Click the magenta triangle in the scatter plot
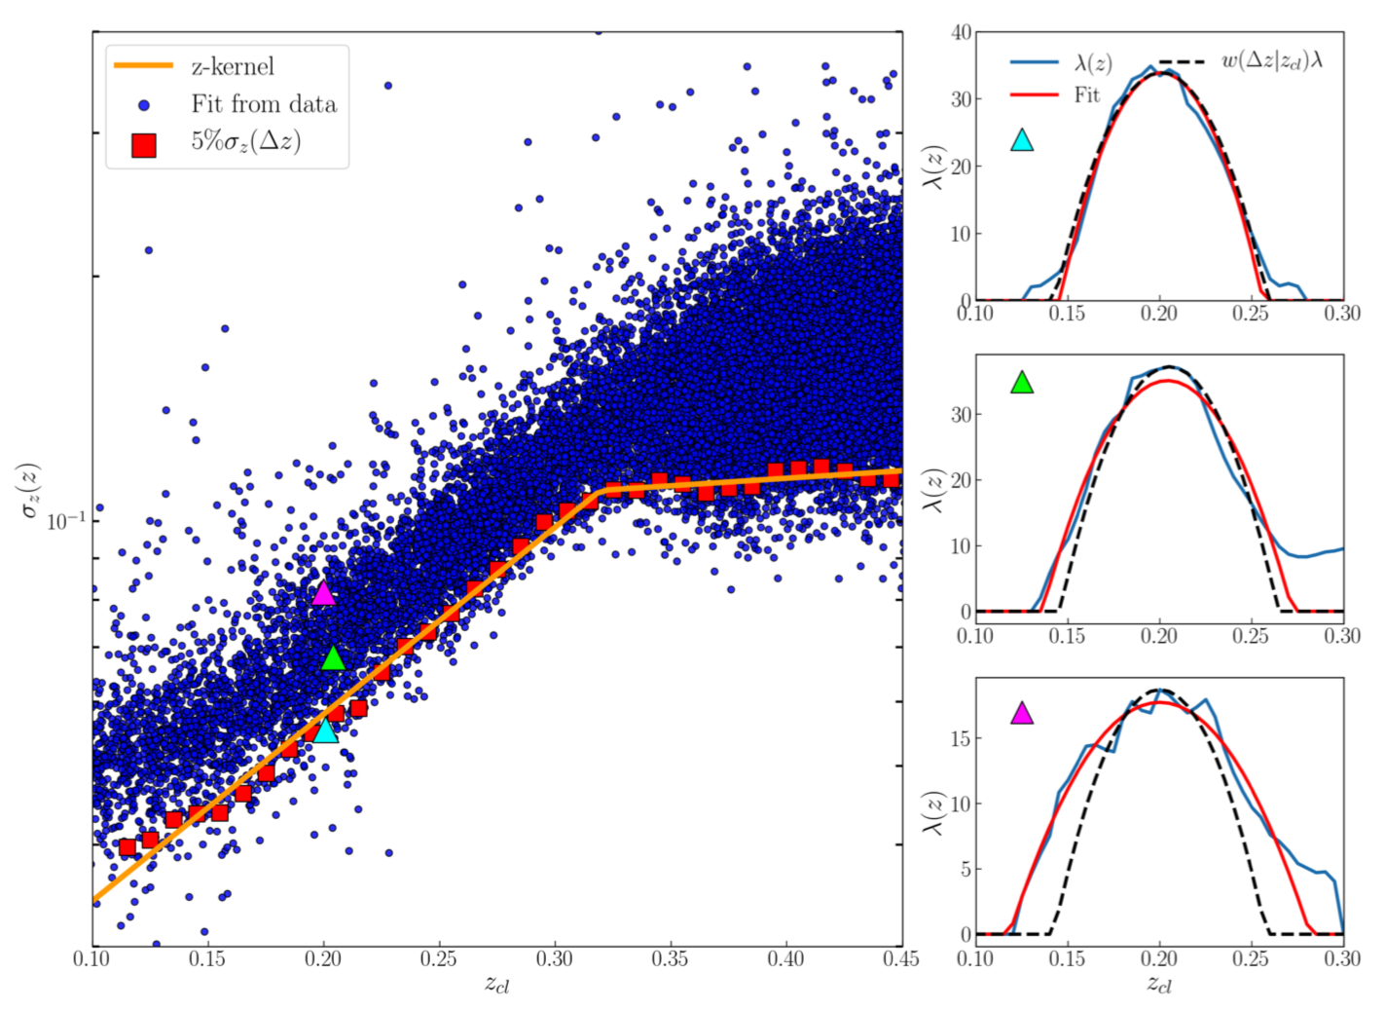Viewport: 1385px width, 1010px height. (x=323, y=593)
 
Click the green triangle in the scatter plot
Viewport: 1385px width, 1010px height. (x=333, y=659)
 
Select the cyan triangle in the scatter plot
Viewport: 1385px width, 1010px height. (x=325, y=730)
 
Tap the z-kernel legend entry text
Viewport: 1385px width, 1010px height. (x=233, y=66)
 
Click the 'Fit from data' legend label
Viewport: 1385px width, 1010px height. (x=264, y=104)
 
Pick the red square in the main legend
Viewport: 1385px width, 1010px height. (x=144, y=145)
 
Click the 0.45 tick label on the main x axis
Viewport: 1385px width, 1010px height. (x=901, y=959)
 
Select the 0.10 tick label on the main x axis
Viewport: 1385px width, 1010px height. (x=93, y=959)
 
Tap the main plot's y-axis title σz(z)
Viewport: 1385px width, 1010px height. (x=30, y=489)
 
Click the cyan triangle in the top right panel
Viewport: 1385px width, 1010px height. (x=1022, y=140)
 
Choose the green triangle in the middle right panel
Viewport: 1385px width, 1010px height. (x=1022, y=383)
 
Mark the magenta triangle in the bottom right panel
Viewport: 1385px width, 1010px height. (x=1022, y=714)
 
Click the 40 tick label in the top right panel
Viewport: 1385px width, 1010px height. (x=961, y=32)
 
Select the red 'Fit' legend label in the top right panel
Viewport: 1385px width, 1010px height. (x=1087, y=95)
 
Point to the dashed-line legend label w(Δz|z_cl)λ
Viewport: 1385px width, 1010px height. (x=1272, y=62)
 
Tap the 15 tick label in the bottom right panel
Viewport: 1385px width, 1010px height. (x=961, y=738)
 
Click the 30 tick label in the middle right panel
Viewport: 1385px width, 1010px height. (x=961, y=415)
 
